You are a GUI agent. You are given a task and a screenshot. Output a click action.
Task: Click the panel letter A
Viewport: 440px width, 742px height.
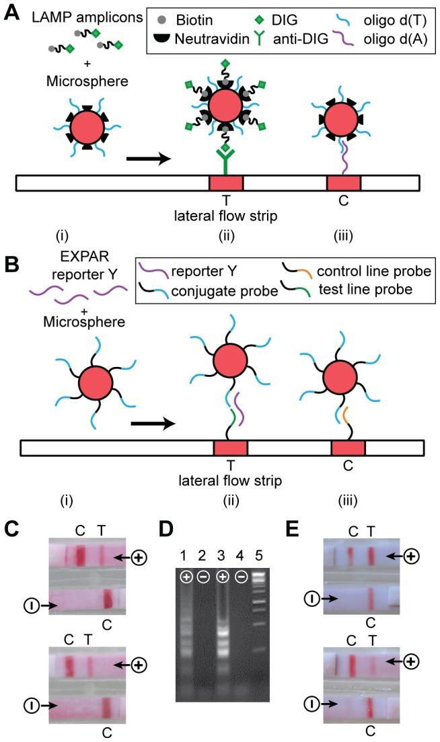[12, 12]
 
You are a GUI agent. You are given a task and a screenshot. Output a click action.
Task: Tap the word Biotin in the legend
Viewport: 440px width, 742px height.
[194, 20]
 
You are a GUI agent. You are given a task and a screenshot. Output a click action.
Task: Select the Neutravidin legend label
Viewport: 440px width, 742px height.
[212, 39]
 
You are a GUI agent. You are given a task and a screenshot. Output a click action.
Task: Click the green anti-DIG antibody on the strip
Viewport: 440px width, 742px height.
[225, 159]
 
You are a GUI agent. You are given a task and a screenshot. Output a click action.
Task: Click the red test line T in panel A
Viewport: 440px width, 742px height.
[226, 183]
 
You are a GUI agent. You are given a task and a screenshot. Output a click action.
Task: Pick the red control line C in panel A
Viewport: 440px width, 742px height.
[344, 183]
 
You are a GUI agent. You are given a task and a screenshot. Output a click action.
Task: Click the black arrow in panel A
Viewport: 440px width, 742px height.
[148, 159]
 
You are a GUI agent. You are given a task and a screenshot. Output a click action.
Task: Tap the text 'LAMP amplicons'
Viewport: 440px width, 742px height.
[87, 17]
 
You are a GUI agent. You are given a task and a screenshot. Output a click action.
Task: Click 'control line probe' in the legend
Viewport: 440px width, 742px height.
[374, 271]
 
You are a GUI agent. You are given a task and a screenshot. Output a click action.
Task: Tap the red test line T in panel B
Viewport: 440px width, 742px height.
[230, 448]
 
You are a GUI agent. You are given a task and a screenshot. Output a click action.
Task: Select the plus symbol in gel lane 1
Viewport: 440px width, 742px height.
[186, 577]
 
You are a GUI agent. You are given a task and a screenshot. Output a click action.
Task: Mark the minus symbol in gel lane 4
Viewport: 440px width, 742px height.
[241, 577]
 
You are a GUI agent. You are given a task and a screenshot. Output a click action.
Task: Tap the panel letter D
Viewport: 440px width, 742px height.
[166, 528]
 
